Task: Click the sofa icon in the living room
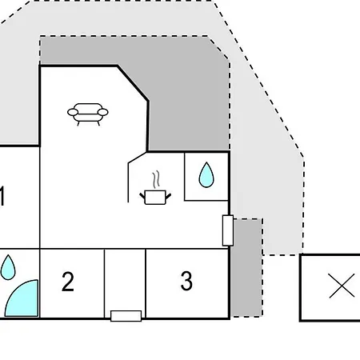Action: [88, 114]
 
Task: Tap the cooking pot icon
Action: [155, 198]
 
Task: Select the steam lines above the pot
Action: [157, 179]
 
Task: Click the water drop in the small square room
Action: [206, 174]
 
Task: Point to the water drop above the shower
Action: [8, 267]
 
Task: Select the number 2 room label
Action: [68, 282]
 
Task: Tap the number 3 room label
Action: [186, 281]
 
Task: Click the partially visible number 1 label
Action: [2, 196]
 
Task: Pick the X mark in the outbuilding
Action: [342, 286]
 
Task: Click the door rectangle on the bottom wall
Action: [126, 316]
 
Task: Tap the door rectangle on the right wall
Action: [228, 230]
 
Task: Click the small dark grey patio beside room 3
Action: [246, 268]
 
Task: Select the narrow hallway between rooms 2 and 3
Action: [125, 280]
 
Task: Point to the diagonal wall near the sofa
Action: [133, 83]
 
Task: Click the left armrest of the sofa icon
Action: [73, 112]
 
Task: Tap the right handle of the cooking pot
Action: [168, 197]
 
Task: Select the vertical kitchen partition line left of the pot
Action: [128, 182]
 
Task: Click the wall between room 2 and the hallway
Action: [104, 283]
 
